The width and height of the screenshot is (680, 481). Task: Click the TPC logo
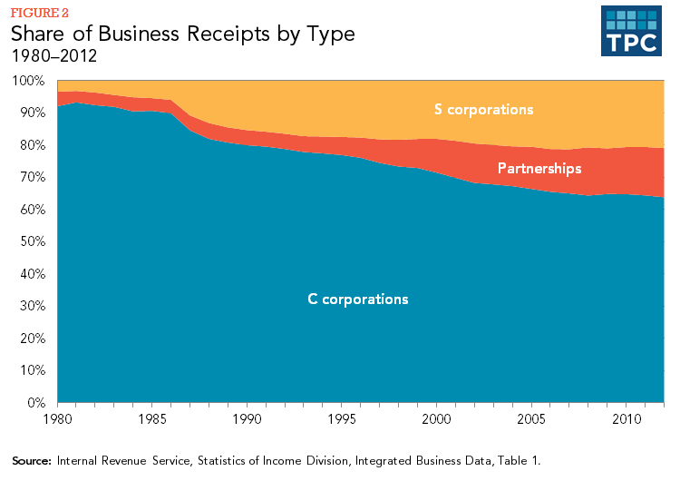coord(631,33)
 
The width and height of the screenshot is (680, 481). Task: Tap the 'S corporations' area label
coord(484,110)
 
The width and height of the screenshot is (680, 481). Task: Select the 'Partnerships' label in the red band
coord(539,169)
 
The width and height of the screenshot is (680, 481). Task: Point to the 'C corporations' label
coord(358,299)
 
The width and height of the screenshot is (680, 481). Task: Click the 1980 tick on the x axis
coord(57,419)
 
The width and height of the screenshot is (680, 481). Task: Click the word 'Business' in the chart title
coord(138,34)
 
